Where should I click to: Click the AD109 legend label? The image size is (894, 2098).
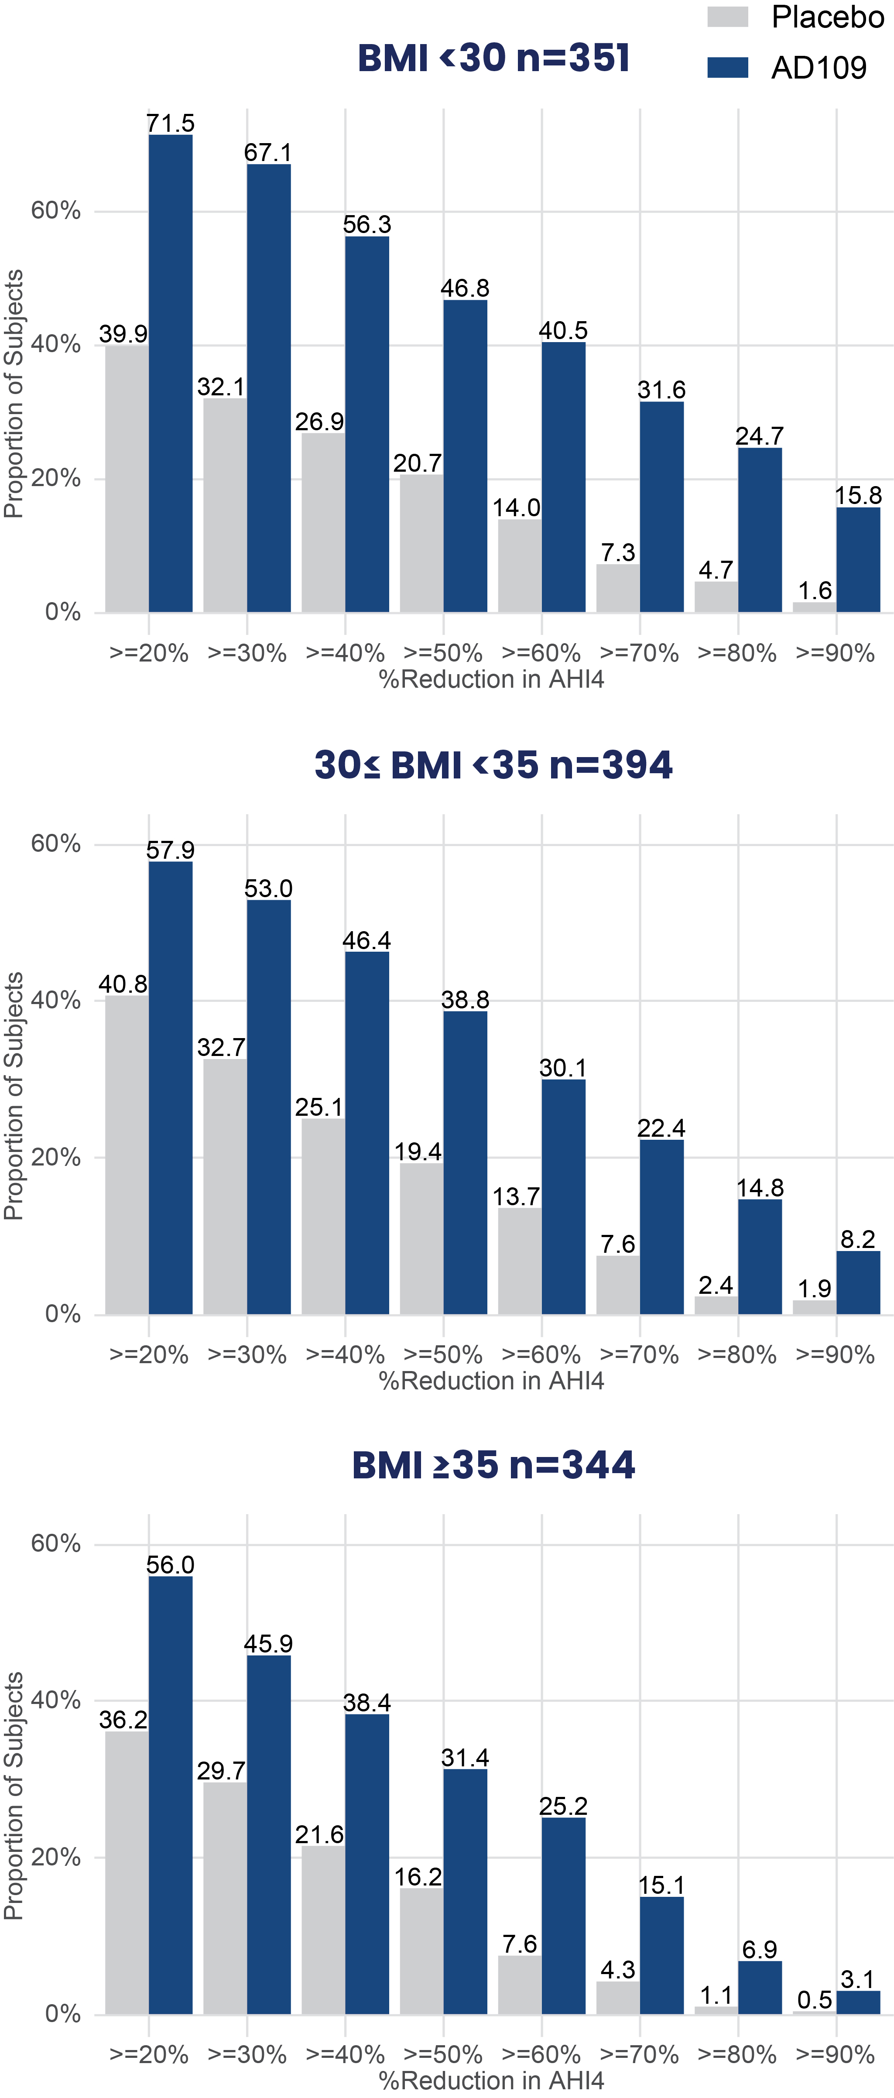point(819,68)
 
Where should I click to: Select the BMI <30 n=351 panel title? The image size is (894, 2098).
point(493,58)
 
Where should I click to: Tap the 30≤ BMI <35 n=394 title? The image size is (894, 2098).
point(493,765)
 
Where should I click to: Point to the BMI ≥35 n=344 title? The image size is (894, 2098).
point(493,1465)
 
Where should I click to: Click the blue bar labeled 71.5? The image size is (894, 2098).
point(170,373)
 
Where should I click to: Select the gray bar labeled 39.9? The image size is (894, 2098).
point(127,479)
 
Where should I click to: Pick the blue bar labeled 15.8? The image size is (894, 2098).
point(858,559)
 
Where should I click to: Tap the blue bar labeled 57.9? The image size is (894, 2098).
point(170,1088)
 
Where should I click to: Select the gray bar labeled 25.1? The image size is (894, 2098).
point(323,1216)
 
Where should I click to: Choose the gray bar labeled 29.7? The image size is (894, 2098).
point(226,1899)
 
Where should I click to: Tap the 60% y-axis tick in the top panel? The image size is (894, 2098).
point(55,210)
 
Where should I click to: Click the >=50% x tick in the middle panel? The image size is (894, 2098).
point(443,1354)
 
